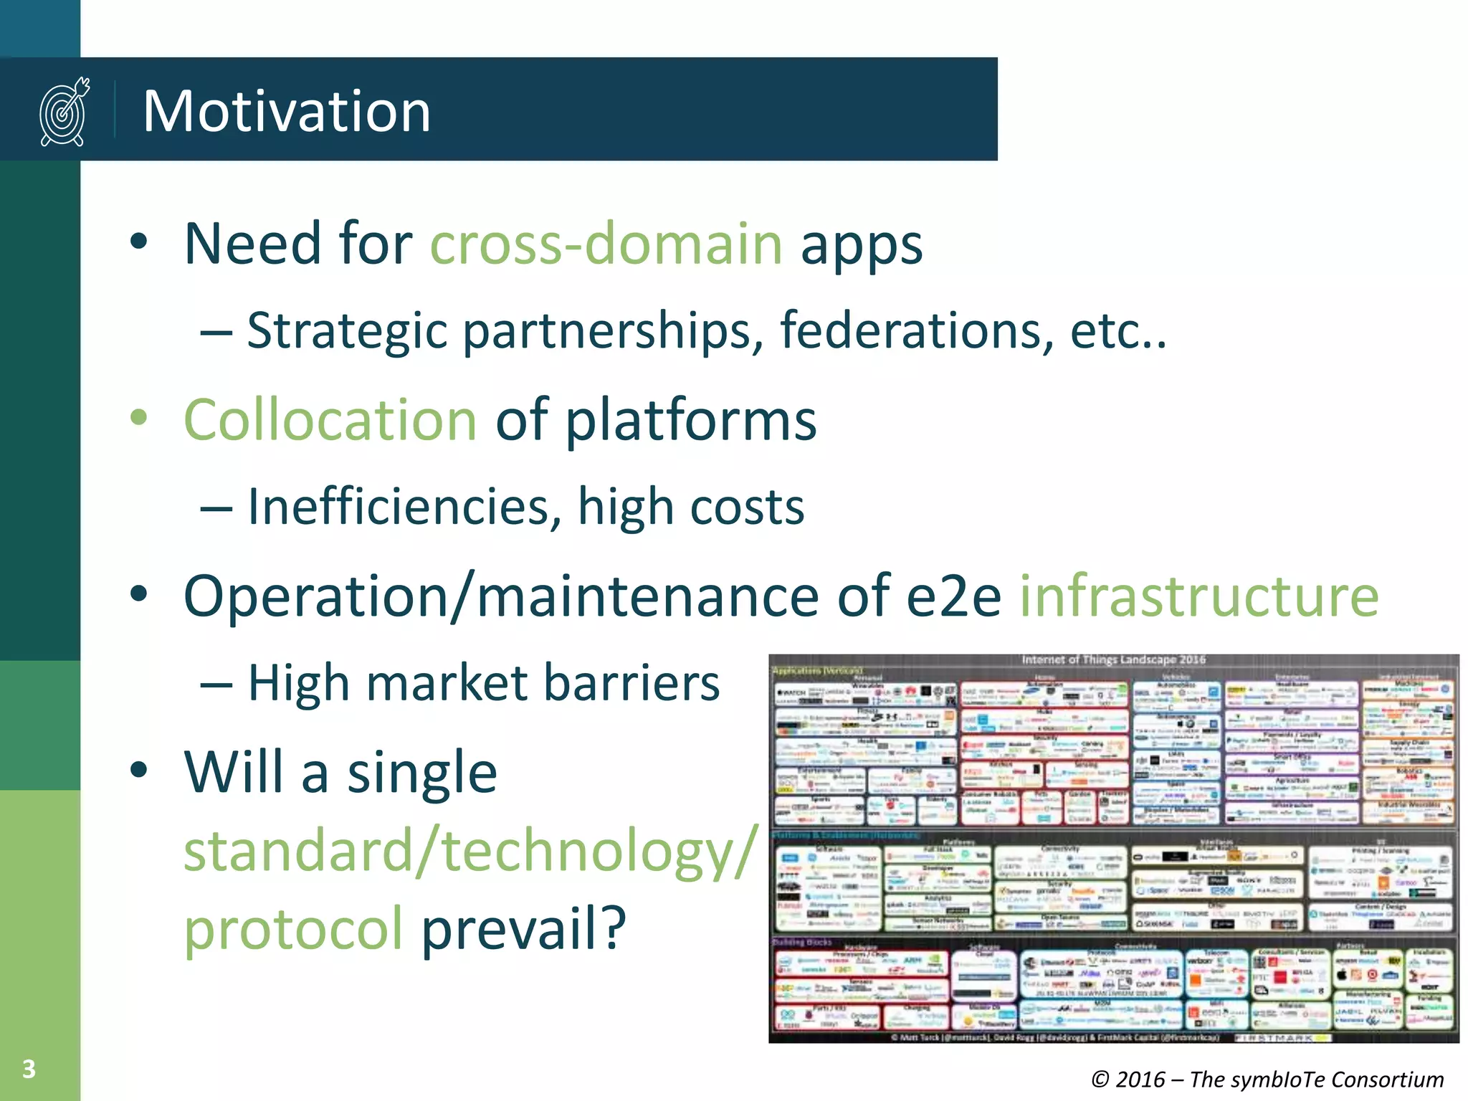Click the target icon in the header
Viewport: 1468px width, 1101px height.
65,112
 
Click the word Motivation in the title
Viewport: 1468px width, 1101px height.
287,111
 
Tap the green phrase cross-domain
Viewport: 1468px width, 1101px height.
606,244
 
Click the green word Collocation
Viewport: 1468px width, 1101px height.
330,420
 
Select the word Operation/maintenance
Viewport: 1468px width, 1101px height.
500,596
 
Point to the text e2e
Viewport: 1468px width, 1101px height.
953,596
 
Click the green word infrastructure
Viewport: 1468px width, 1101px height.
1199,596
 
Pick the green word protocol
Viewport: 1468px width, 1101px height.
293,928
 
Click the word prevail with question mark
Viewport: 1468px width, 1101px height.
524,928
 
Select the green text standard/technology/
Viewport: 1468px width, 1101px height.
470,851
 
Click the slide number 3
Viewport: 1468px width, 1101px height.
29,1069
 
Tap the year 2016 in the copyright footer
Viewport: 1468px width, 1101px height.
1140,1079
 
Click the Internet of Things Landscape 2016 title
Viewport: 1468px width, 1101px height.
1113,659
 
